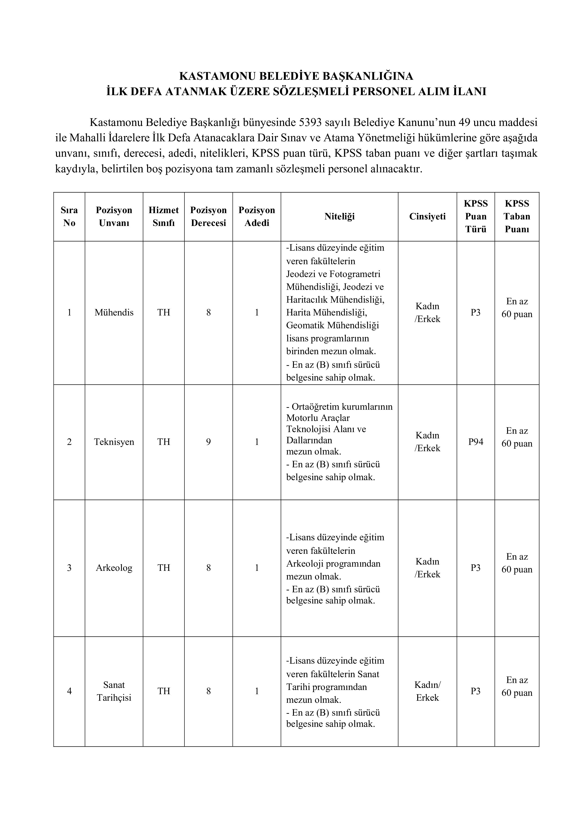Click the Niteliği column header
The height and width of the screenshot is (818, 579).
pyautogui.click(x=339, y=216)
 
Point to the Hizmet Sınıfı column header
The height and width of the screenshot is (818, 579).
pyautogui.click(x=163, y=216)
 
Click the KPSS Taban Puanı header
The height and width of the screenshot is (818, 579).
pyautogui.click(x=517, y=216)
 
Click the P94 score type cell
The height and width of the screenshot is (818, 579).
pyautogui.click(x=476, y=442)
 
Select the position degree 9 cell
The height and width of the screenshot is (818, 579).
pyautogui.click(x=208, y=442)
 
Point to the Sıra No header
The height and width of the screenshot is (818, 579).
pyautogui.click(x=69, y=216)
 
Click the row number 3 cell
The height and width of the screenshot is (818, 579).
pyautogui.click(x=69, y=568)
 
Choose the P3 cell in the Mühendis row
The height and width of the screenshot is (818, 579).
pyautogui.click(x=476, y=312)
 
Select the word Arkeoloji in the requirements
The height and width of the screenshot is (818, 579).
pyautogui.click(x=305, y=564)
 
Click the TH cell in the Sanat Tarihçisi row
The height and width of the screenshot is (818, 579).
pyautogui.click(x=163, y=691)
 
